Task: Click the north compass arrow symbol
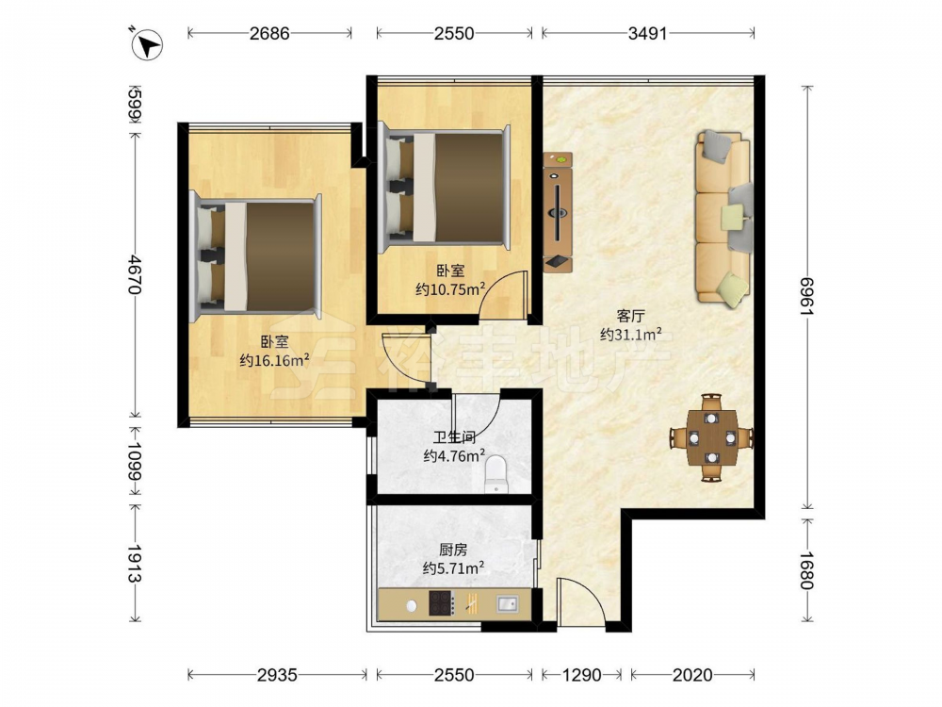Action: [x=147, y=44]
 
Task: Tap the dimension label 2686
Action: [x=269, y=33]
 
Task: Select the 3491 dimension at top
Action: [x=648, y=33]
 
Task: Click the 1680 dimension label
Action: [x=807, y=570]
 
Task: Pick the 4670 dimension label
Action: [x=134, y=274]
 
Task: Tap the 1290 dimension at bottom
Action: [x=581, y=675]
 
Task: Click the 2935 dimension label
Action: [x=277, y=675]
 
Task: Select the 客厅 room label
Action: [x=631, y=316]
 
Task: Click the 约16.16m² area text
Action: [x=274, y=360]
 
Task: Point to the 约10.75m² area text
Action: [x=450, y=289]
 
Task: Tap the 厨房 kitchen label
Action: [x=454, y=550]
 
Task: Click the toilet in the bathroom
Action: [x=496, y=474]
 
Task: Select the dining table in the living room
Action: [x=712, y=437]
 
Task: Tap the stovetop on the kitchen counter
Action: [x=440, y=603]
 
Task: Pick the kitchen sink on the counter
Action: [x=508, y=603]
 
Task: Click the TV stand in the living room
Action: [x=558, y=212]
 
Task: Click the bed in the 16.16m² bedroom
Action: [x=255, y=257]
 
